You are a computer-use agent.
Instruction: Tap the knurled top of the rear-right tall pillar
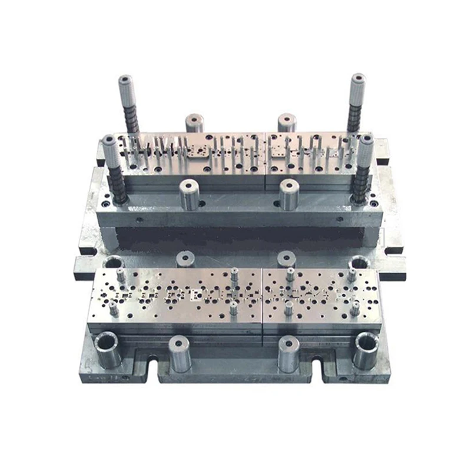pyautogui.click(x=357, y=81)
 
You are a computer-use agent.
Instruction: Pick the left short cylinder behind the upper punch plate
pyautogui.click(x=194, y=122)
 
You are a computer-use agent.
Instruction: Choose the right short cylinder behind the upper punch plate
pyautogui.click(x=287, y=122)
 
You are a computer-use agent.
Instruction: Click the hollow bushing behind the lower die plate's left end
pyautogui.click(x=112, y=264)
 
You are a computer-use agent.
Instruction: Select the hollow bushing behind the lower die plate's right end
pyautogui.click(x=359, y=264)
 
